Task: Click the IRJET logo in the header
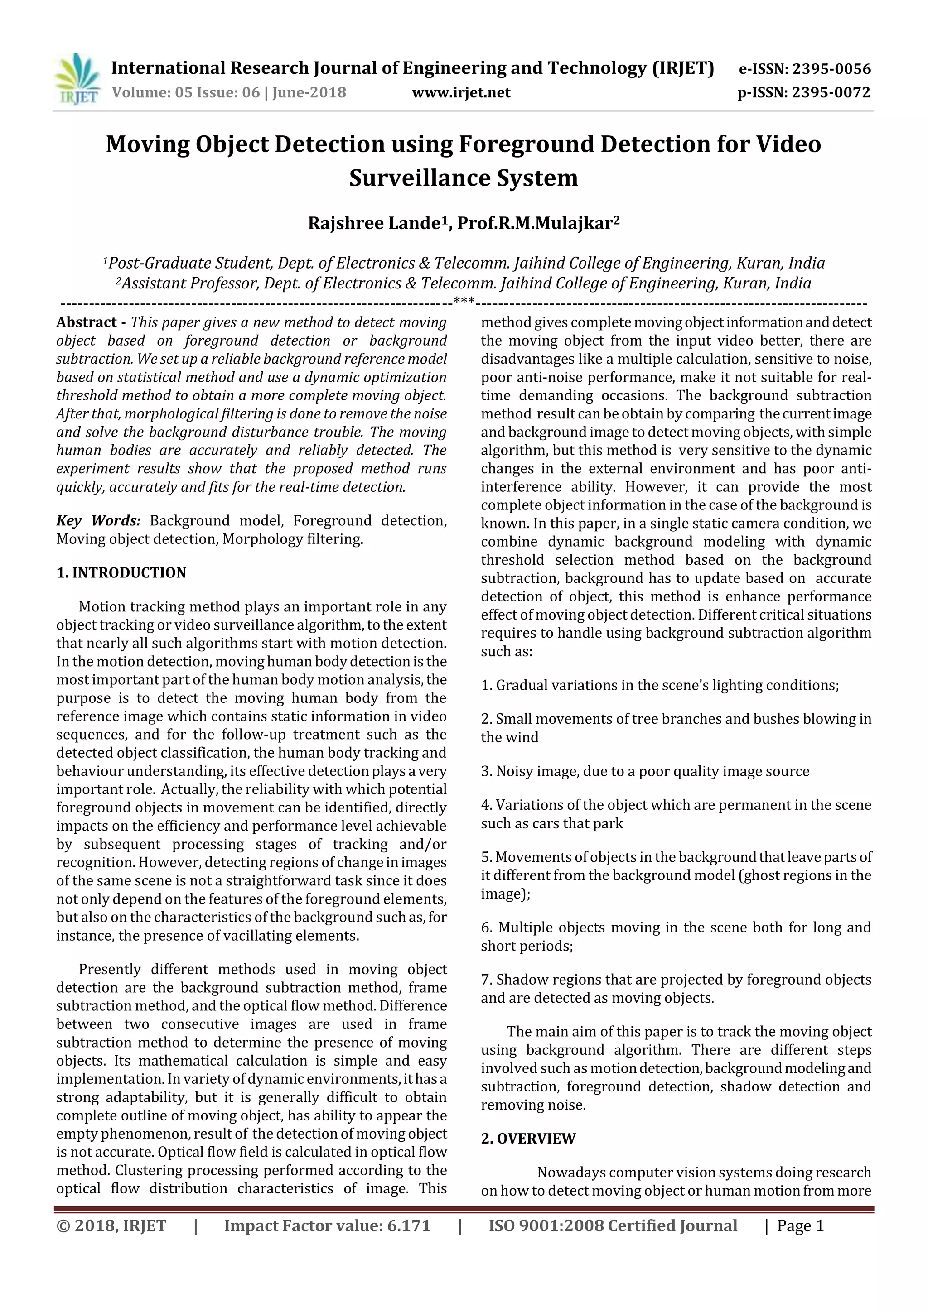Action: tap(77, 79)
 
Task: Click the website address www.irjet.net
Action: tap(461, 92)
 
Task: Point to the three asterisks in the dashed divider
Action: tap(463, 301)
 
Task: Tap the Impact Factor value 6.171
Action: tap(409, 1225)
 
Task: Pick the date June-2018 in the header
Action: tap(309, 92)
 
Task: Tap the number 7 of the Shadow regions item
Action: tap(485, 980)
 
